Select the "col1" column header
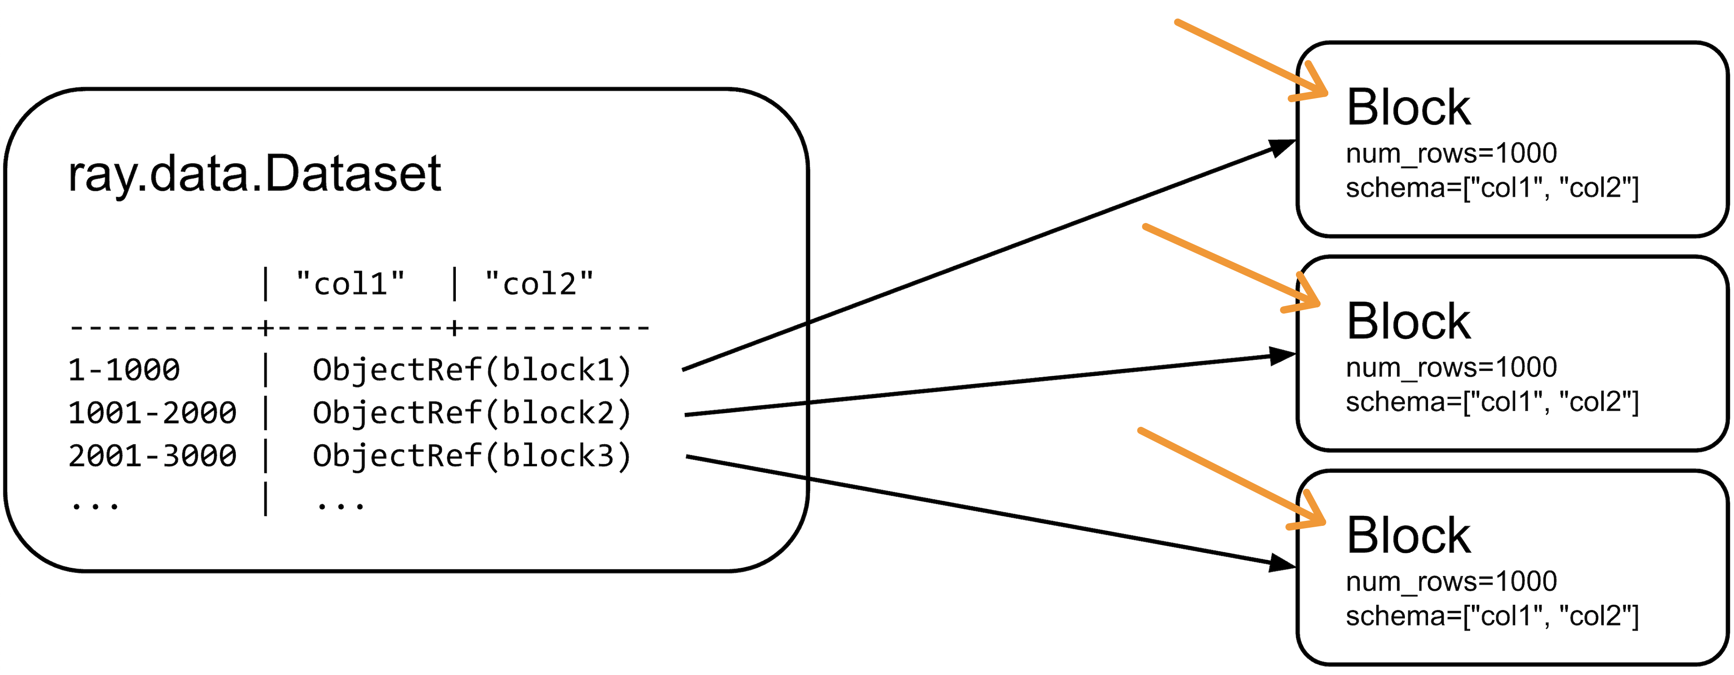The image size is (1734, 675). (350, 284)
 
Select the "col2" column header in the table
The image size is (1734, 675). (538, 284)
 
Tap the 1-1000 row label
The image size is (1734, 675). (124, 370)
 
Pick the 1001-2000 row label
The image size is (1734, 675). (152, 413)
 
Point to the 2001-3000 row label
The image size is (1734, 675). (152, 456)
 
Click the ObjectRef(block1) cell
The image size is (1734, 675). (471, 370)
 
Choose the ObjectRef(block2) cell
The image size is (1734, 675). (471, 413)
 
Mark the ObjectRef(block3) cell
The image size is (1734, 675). (471, 456)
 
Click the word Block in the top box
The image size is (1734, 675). (1408, 108)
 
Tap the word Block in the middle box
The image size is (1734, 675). (1408, 322)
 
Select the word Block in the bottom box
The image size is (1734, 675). (1408, 536)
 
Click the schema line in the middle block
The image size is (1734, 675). (1491, 402)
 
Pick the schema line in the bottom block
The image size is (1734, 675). (1491, 616)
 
